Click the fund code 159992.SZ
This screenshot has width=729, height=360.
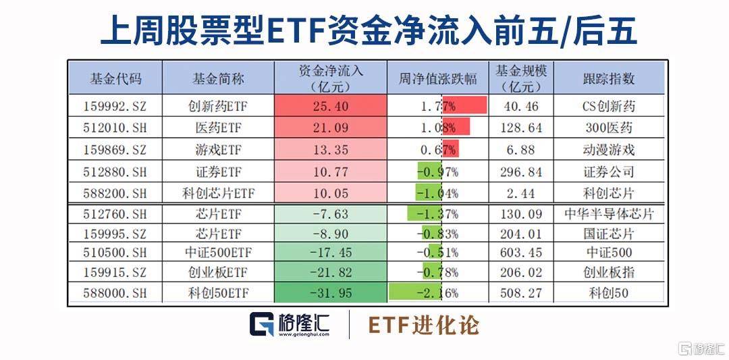(115, 106)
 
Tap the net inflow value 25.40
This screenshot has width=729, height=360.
(331, 106)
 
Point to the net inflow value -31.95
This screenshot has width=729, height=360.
(331, 293)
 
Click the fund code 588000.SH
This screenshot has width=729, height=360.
(115, 293)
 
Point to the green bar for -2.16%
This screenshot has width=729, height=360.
(416, 292)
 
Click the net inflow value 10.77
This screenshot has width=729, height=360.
(331, 172)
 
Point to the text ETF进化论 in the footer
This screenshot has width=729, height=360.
(423, 325)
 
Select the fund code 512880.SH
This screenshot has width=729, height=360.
(115, 172)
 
